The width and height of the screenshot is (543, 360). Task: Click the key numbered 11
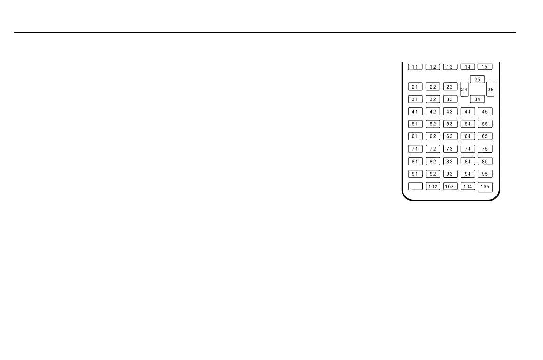pyautogui.click(x=415, y=67)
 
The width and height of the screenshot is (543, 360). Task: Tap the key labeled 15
pyautogui.click(x=485, y=67)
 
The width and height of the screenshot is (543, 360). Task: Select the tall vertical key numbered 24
pyautogui.click(x=464, y=90)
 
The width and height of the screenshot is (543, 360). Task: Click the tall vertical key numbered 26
pyautogui.click(x=490, y=90)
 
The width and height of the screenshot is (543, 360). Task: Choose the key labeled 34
pyautogui.click(x=477, y=99)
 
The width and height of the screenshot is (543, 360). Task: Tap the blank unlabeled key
pyautogui.click(x=415, y=186)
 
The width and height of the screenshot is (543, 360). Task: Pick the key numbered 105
pyautogui.click(x=485, y=187)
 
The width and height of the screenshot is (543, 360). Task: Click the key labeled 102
pyautogui.click(x=433, y=186)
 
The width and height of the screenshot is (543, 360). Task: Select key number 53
pyautogui.click(x=450, y=124)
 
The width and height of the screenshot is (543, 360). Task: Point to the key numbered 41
pyautogui.click(x=415, y=112)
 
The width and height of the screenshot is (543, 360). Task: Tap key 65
pyautogui.click(x=485, y=136)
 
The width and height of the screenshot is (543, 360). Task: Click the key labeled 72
pyautogui.click(x=433, y=149)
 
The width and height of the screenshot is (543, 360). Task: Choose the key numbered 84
pyautogui.click(x=468, y=161)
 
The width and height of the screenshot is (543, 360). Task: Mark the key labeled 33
pyautogui.click(x=450, y=99)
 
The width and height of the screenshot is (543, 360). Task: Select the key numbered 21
pyautogui.click(x=415, y=87)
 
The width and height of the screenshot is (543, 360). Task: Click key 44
pyautogui.click(x=468, y=112)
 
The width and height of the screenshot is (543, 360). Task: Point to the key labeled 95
pyautogui.click(x=485, y=174)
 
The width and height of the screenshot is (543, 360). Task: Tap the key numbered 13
pyautogui.click(x=450, y=67)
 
